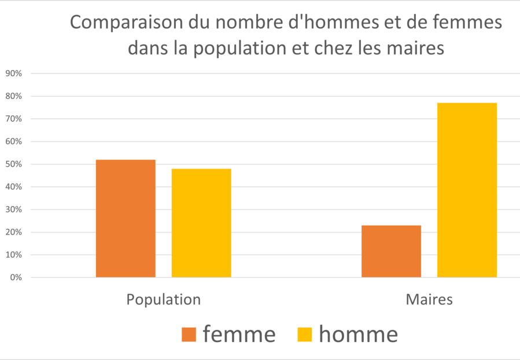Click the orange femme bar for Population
pos(126,218)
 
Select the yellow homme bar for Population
pos(201,223)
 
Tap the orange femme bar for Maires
pos(391,251)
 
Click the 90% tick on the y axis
pos(13,74)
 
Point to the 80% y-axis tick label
pos(13,96)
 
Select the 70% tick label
pos(13,119)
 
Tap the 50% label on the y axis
pos(13,164)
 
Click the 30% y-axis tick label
pos(13,210)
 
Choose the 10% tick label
pos(13,255)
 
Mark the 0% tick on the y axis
pos(16,278)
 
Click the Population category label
pos(164,300)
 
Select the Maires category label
pos(429,300)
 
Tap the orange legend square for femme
pos(189,335)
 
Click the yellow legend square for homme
pos(305,335)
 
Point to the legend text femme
pos(239,334)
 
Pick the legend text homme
pos(359,334)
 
